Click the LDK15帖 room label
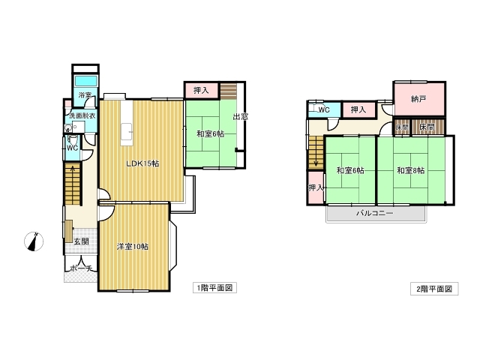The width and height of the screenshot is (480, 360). pos(142,163)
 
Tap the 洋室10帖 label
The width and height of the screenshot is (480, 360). pos(133,247)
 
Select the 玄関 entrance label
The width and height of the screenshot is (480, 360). pos(82,241)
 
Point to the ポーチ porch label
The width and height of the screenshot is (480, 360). pos(81,268)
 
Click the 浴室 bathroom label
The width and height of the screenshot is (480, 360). pos(85,95)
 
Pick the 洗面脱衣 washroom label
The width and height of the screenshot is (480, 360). pos(82,115)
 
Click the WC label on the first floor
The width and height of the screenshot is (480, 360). pos(72,148)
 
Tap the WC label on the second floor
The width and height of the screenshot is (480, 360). pos(324,109)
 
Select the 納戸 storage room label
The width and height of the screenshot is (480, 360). pos(418,99)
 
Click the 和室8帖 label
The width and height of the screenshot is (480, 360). pos(410,170)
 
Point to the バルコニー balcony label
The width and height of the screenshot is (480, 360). pos(375,213)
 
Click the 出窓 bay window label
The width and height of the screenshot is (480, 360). pos(240,116)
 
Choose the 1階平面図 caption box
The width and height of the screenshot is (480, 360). pos(214,288)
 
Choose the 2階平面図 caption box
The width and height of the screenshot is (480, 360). pos(434,289)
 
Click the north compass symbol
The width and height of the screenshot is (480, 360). pos(34,241)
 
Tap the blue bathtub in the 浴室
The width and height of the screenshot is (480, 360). pos(86,81)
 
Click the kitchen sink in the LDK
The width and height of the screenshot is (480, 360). pos(127,130)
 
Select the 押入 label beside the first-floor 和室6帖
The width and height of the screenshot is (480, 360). pos(201,90)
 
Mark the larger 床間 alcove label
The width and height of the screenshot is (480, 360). pos(427,127)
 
